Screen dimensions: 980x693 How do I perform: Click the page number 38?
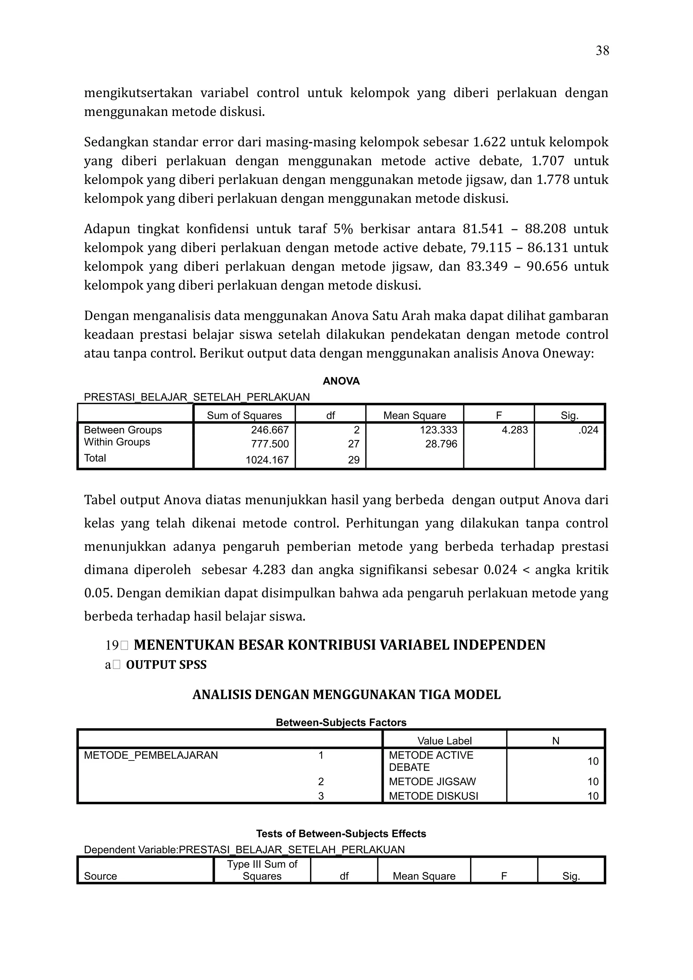coord(602,51)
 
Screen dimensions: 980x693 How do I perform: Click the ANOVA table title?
coord(341,381)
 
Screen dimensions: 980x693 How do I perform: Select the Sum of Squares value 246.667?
coord(269,430)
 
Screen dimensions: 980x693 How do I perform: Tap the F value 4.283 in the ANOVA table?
coord(515,430)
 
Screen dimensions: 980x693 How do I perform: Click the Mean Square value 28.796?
coord(441,444)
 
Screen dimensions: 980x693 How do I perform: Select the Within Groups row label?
coord(117,442)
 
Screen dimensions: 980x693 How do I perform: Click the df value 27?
coord(354,444)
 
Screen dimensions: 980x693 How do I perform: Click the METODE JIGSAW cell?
coord(432,781)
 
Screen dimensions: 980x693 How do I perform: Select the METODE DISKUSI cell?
coord(433,796)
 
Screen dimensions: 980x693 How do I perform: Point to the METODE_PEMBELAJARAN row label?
coord(151,755)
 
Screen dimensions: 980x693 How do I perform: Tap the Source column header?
coord(100,876)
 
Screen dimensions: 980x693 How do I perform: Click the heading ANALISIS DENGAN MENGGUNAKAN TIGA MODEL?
coord(346,695)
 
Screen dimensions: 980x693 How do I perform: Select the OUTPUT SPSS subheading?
coord(166,664)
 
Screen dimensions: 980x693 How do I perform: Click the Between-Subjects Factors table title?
coord(341,722)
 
